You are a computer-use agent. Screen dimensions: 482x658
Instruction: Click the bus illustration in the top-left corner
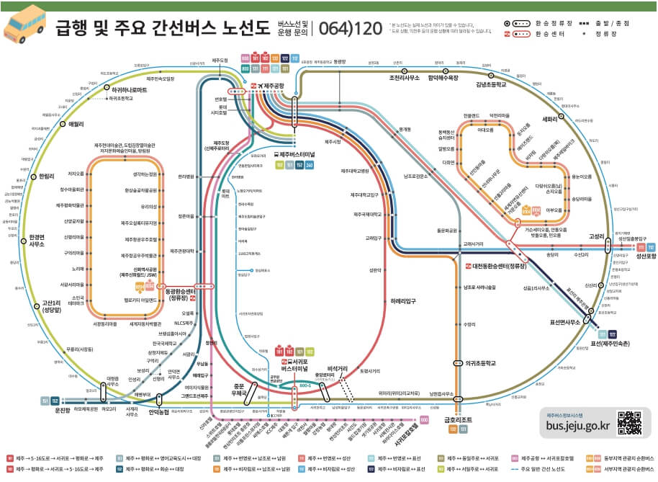(25, 23)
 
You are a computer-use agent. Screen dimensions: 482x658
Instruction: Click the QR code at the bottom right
(630, 423)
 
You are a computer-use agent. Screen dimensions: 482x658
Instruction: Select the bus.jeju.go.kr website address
(578, 426)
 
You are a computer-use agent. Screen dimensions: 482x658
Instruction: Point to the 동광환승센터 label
(181, 294)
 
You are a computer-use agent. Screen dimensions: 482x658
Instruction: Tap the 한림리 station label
(47, 176)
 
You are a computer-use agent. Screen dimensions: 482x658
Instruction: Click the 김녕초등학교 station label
(491, 84)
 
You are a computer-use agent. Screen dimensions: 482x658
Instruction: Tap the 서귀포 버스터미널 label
(294, 364)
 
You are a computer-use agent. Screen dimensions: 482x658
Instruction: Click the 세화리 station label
(550, 120)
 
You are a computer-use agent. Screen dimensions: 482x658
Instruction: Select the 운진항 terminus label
(63, 410)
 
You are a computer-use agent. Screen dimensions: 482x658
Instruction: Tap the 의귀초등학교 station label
(483, 363)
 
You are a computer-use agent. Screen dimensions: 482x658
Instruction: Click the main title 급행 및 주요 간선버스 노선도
(163, 29)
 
